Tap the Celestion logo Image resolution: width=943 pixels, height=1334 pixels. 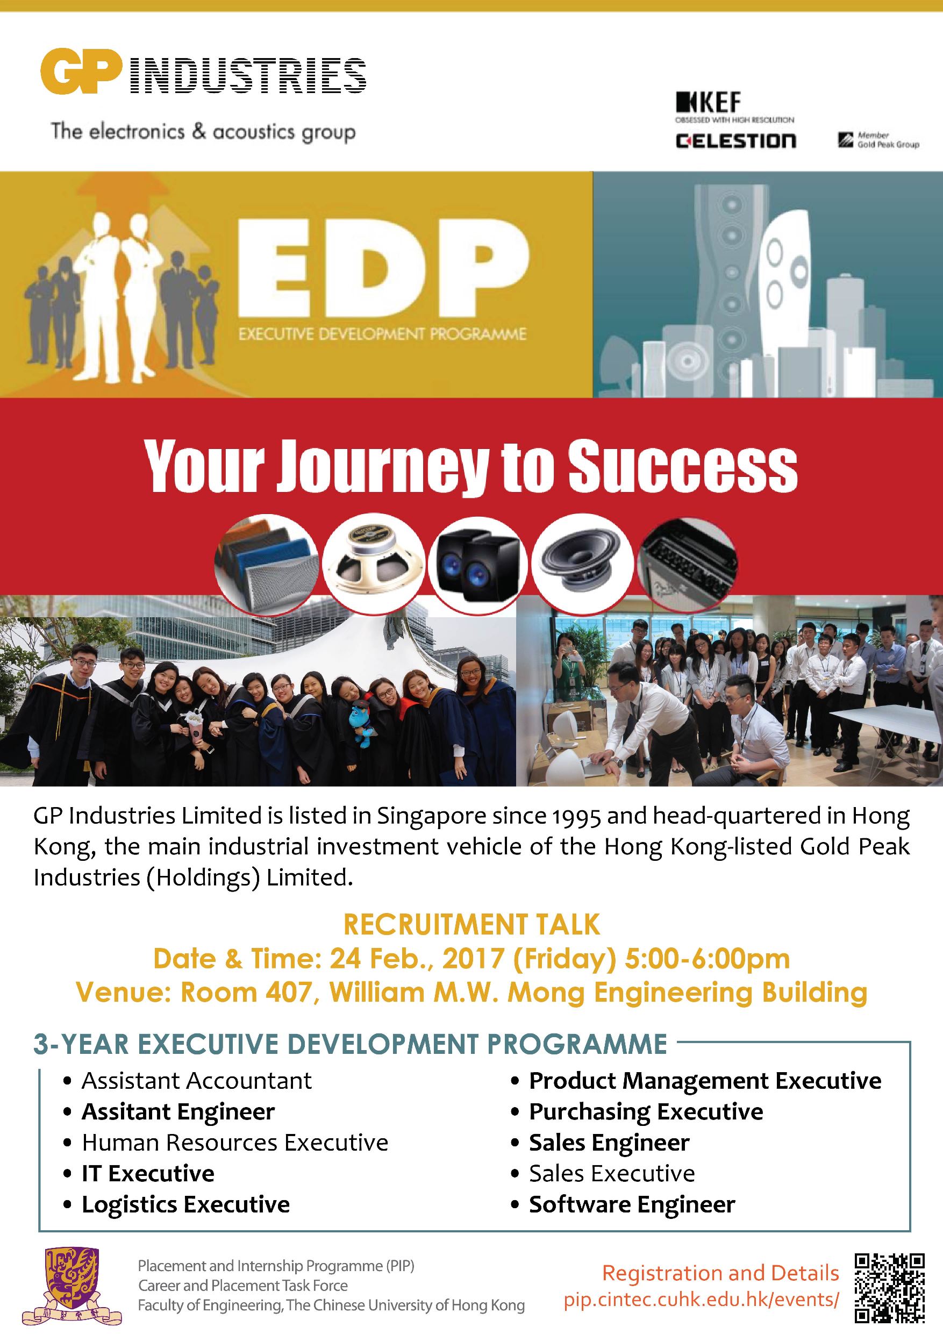coord(735,140)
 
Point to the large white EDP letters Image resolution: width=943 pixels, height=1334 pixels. coord(383,272)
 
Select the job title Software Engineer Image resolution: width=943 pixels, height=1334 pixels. coord(632,1204)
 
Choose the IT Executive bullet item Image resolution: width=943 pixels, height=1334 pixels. coord(148,1173)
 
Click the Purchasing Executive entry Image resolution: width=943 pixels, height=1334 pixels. coord(646,1111)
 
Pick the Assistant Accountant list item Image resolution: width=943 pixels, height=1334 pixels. coord(196,1081)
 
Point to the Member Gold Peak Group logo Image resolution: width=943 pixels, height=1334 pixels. coord(878,139)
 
